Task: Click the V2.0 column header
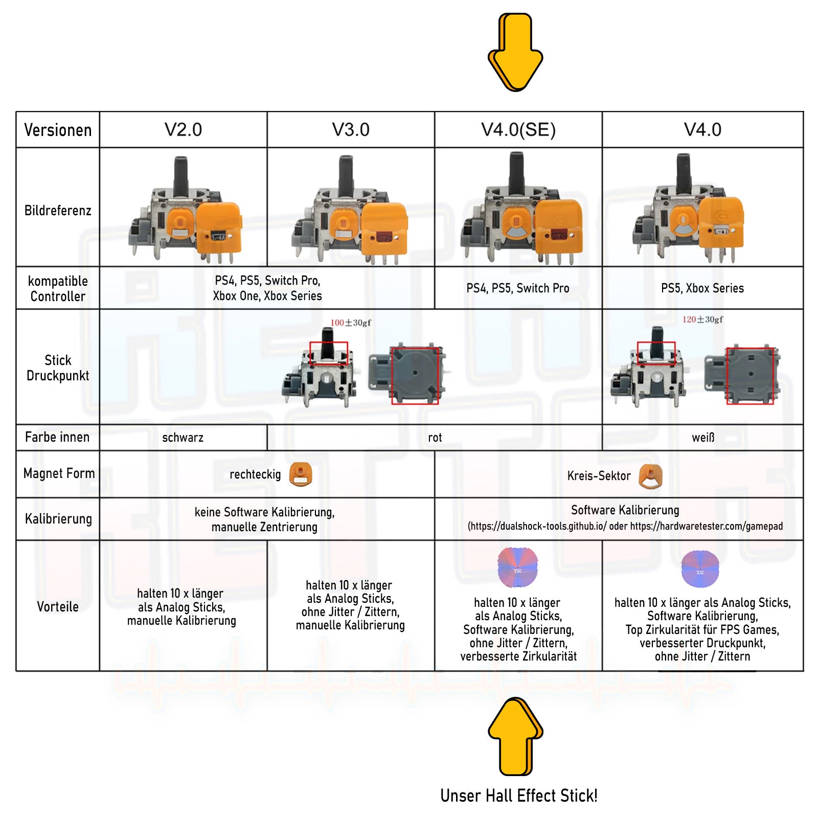point(183,130)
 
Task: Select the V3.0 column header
point(351,130)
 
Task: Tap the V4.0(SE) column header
point(518,130)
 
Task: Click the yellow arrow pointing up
point(515,736)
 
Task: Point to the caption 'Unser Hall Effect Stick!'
point(518,796)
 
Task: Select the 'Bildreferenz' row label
point(58,211)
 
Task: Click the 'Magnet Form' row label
point(59,473)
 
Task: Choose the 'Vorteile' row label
point(58,607)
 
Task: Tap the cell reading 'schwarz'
point(183,438)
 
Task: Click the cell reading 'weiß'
point(703,438)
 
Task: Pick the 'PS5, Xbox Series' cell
point(702,288)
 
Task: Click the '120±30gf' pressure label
point(703,320)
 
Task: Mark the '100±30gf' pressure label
point(351,323)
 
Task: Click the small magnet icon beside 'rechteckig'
point(301,474)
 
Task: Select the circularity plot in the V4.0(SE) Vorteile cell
point(517,567)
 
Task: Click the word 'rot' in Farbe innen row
point(435,438)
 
